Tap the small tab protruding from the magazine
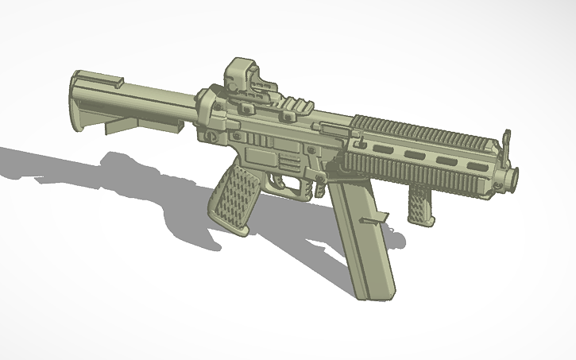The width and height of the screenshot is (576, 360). click(x=375, y=218)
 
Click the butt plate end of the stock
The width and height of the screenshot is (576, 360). click(x=78, y=103)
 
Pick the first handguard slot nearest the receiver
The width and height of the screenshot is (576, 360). click(x=380, y=148)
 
